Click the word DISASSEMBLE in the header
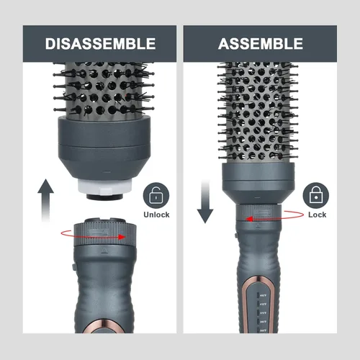[100, 43]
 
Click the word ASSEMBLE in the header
[261, 43]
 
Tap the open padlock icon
[156, 196]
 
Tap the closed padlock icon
[316, 196]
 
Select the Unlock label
[156, 215]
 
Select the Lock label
[317, 215]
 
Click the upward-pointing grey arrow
[45, 200]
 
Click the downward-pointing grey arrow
[205, 202]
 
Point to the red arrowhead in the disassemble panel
[122, 237]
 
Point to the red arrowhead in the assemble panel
[248, 219]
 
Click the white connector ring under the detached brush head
[105, 187]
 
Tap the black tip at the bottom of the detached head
[104, 197]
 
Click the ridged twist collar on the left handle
[105, 233]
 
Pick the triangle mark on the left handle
[104, 251]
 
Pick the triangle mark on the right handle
[258, 225]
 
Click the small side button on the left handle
[74, 267]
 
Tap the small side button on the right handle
[236, 235]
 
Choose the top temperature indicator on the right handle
[262, 295]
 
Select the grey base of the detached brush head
[104, 149]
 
